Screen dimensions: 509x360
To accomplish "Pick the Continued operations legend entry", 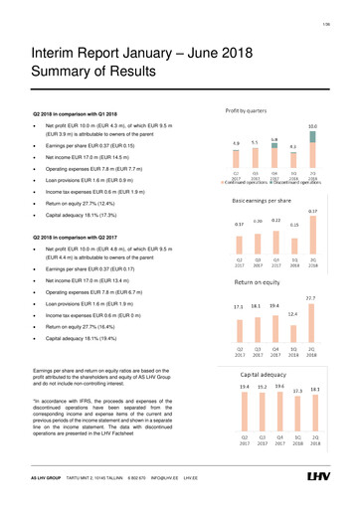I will pyautogui.click(x=242, y=182).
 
